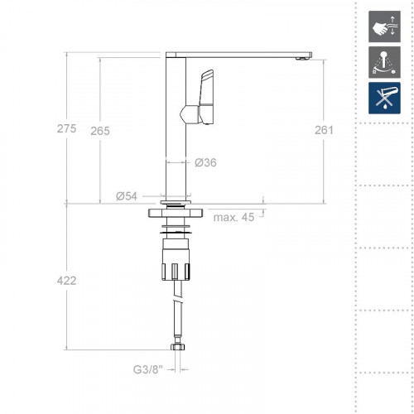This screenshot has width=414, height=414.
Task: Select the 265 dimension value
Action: pos(100,131)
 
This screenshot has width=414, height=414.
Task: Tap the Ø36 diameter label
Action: pos(205,162)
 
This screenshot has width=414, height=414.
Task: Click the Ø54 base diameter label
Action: pos(127,195)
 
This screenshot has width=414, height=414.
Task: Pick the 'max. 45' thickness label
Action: pos(233,218)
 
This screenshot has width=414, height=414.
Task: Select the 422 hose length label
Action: pos(66,281)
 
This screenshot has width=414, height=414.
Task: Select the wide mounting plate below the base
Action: pos(175,214)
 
